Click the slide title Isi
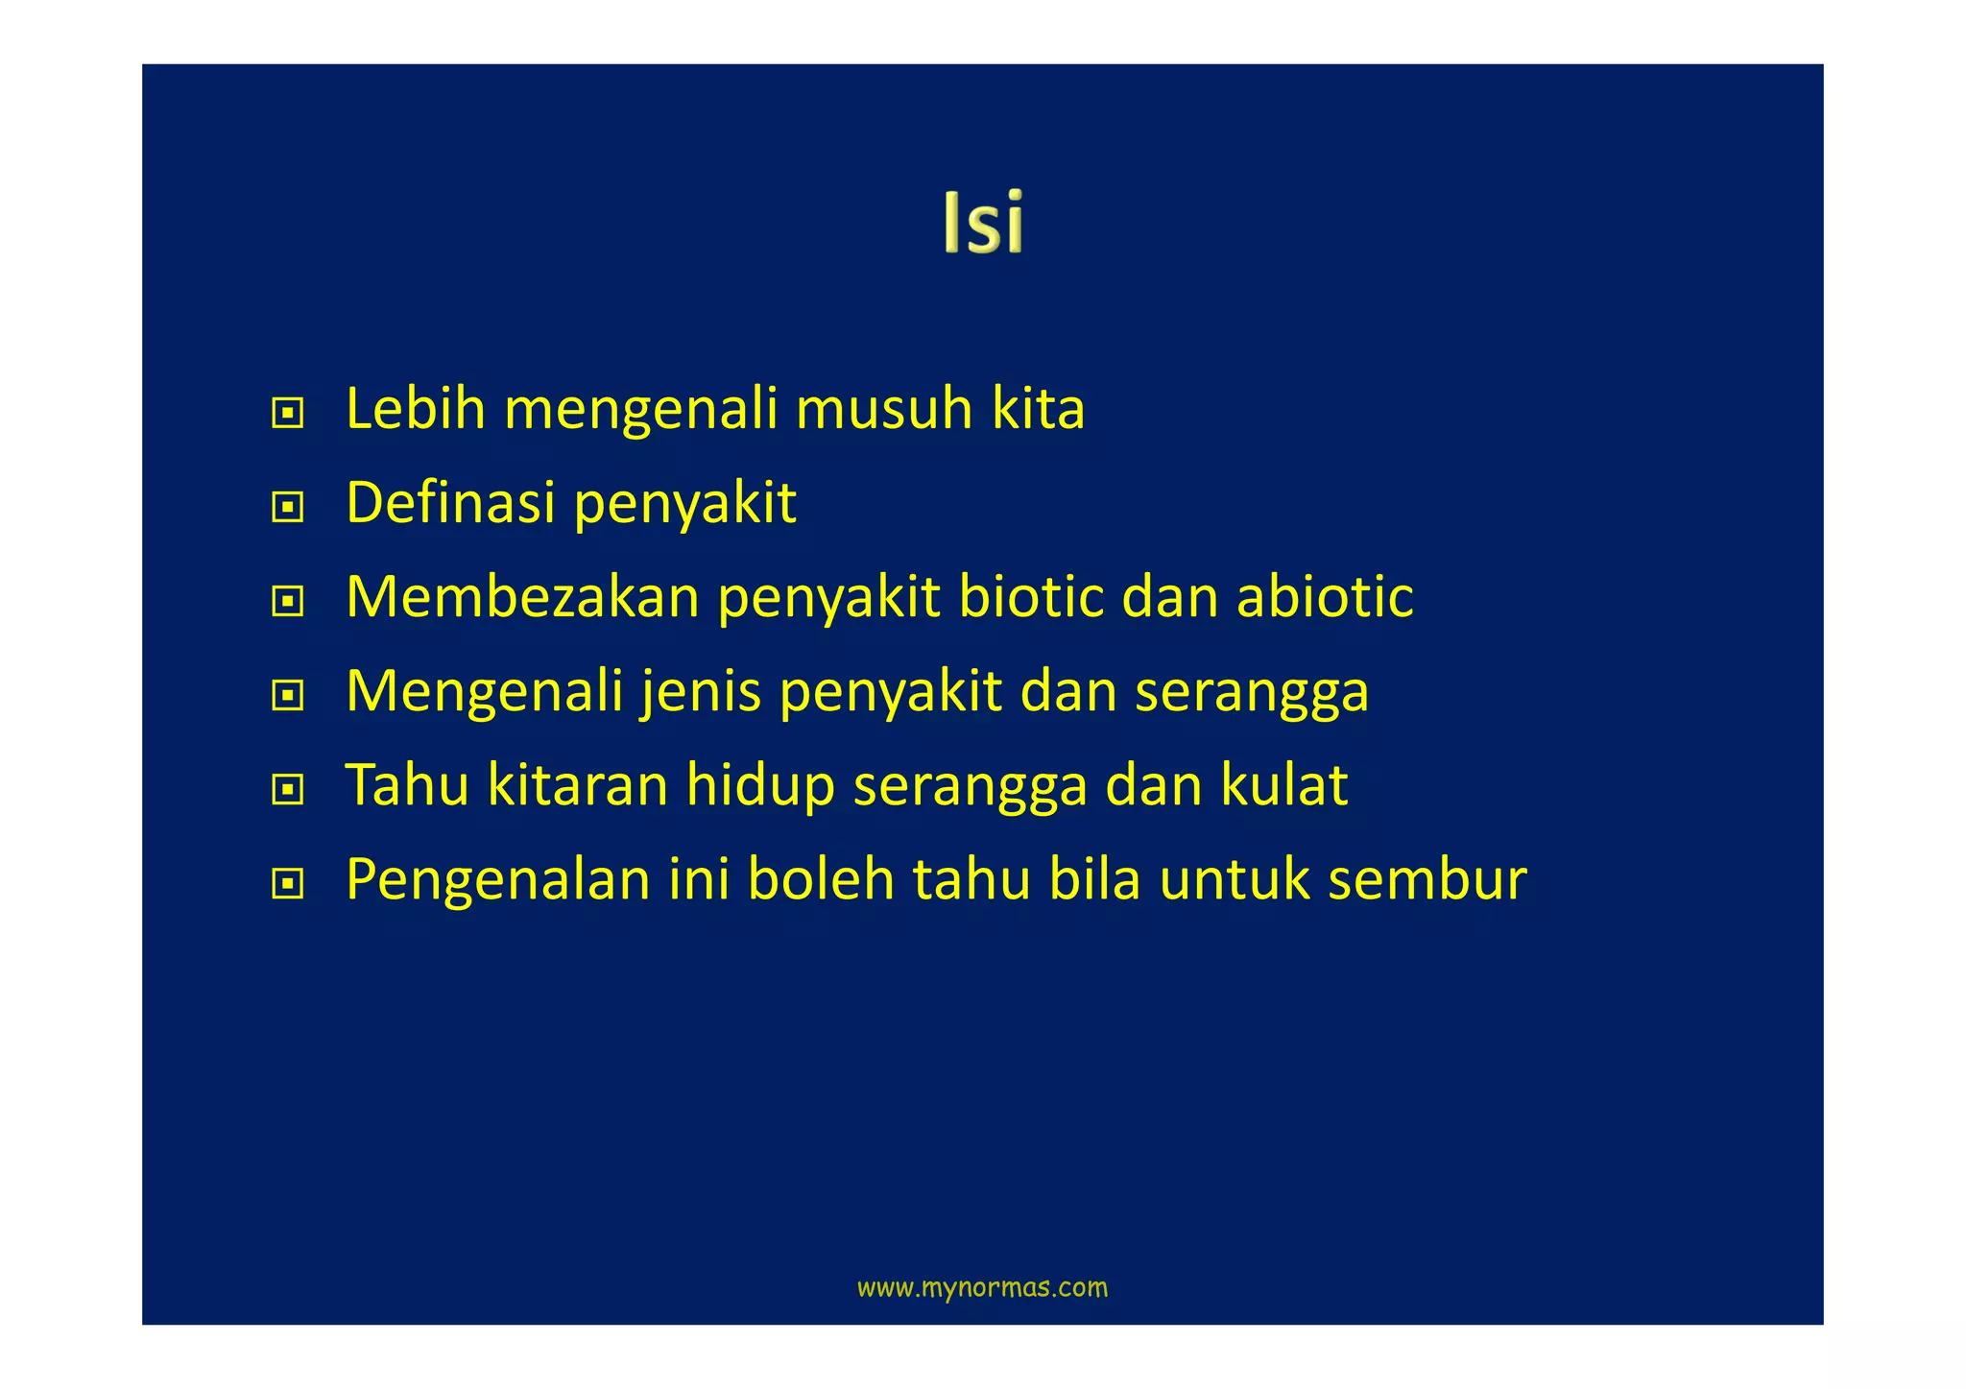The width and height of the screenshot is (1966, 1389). [x=983, y=222]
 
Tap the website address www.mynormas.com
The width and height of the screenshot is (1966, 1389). [x=982, y=1287]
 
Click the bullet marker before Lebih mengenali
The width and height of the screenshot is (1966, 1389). [x=287, y=414]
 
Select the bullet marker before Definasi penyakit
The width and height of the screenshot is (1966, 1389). [x=287, y=507]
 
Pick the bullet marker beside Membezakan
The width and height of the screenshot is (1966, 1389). [x=287, y=602]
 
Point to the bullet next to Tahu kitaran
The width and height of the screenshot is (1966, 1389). [x=287, y=790]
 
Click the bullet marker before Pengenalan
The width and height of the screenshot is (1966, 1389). [x=287, y=883]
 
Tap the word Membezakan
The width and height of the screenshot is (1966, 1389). [x=523, y=596]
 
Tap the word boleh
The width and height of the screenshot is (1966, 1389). [x=821, y=878]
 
